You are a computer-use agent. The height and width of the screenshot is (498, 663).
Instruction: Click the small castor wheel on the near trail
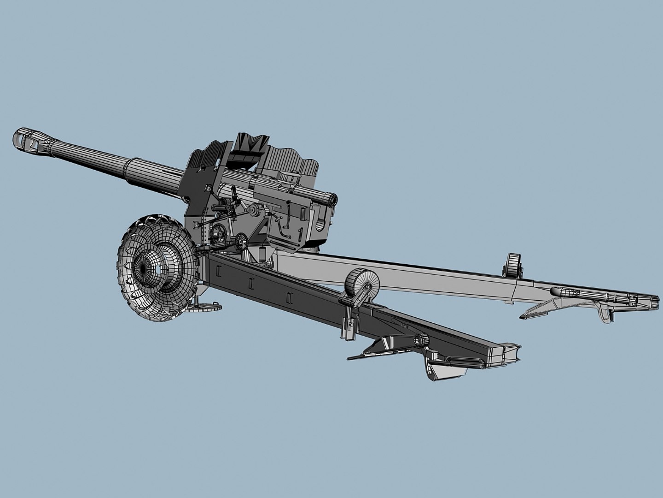click(361, 281)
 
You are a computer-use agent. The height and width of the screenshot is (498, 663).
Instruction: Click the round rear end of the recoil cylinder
click(330, 199)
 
